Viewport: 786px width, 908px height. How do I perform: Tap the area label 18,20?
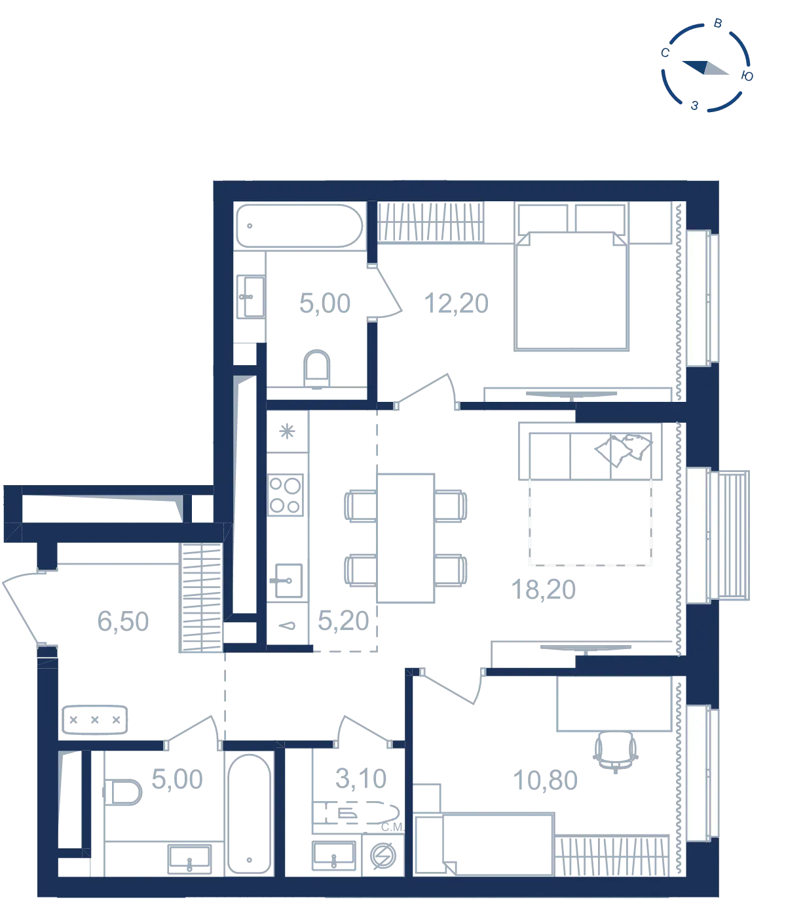543,589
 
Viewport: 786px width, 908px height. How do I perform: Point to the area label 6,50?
123,622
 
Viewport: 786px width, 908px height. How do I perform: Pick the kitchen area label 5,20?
343,621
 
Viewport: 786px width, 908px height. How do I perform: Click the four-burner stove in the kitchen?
286,494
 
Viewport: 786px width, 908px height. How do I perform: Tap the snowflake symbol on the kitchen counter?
288,431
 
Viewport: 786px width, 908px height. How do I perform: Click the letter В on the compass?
718,24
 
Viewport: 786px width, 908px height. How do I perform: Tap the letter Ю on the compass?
747,76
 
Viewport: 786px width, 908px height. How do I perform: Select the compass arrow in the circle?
705,68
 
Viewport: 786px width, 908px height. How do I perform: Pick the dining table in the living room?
405,538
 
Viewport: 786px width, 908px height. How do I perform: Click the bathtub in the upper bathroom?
300,226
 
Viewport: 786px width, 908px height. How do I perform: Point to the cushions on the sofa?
623,450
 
